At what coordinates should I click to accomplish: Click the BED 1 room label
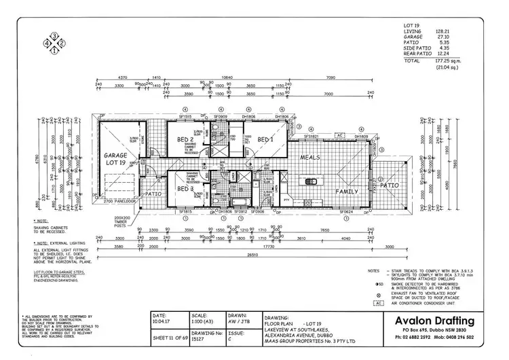[x=265, y=140]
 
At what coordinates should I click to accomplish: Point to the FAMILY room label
[x=347, y=192]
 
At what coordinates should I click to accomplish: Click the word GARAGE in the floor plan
[x=115, y=156]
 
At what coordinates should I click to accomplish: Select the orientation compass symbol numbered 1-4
[x=54, y=42]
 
